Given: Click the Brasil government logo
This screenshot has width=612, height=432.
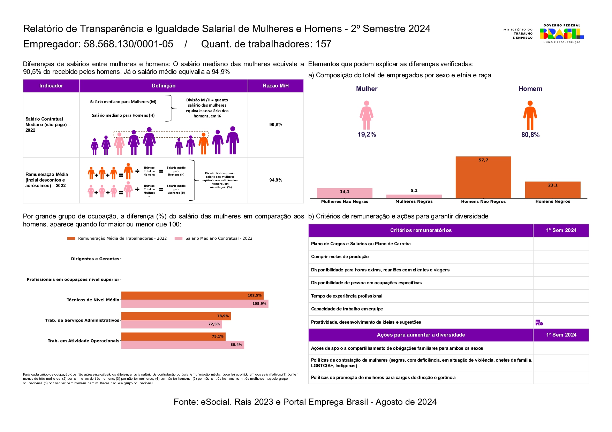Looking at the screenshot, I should pyautogui.click(x=561, y=33).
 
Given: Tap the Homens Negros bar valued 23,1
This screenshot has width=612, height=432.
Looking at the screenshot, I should pyautogui.click(x=552, y=190).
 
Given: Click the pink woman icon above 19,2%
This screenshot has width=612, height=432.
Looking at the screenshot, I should pyautogui.click(x=366, y=115).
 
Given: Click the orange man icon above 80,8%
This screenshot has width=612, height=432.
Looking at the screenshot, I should pyautogui.click(x=530, y=115).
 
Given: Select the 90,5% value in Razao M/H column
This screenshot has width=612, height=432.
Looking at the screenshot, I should pyautogui.click(x=275, y=125).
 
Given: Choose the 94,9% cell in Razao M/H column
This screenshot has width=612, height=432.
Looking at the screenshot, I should pyautogui.click(x=275, y=180).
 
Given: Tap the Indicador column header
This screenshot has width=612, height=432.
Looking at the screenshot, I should pyautogui.click(x=51, y=86).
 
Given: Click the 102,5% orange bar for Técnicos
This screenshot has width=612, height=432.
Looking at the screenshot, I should pyautogui.click(x=192, y=295).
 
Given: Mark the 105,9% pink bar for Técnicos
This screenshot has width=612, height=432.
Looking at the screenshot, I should pyautogui.click(x=195, y=304).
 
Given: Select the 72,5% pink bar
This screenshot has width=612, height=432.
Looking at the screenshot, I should pyautogui.click(x=171, y=324).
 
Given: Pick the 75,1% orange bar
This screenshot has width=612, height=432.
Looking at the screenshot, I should pyautogui.click(x=173, y=337).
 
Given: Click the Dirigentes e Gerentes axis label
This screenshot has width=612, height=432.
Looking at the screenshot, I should pyautogui.click(x=95, y=259).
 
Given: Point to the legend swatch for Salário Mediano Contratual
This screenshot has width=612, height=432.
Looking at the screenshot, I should pyautogui.click(x=179, y=238).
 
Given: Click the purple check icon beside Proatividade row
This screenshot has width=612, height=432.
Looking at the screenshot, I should pyautogui.click(x=539, y=323).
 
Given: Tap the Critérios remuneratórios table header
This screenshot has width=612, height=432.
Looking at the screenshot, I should pyautogui.click(x=421, y=230).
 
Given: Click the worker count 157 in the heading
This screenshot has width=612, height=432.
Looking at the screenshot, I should pyautogui.click(x=323, y=44).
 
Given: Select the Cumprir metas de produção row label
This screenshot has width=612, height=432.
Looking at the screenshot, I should pyautogui.click(x=340, y=257).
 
